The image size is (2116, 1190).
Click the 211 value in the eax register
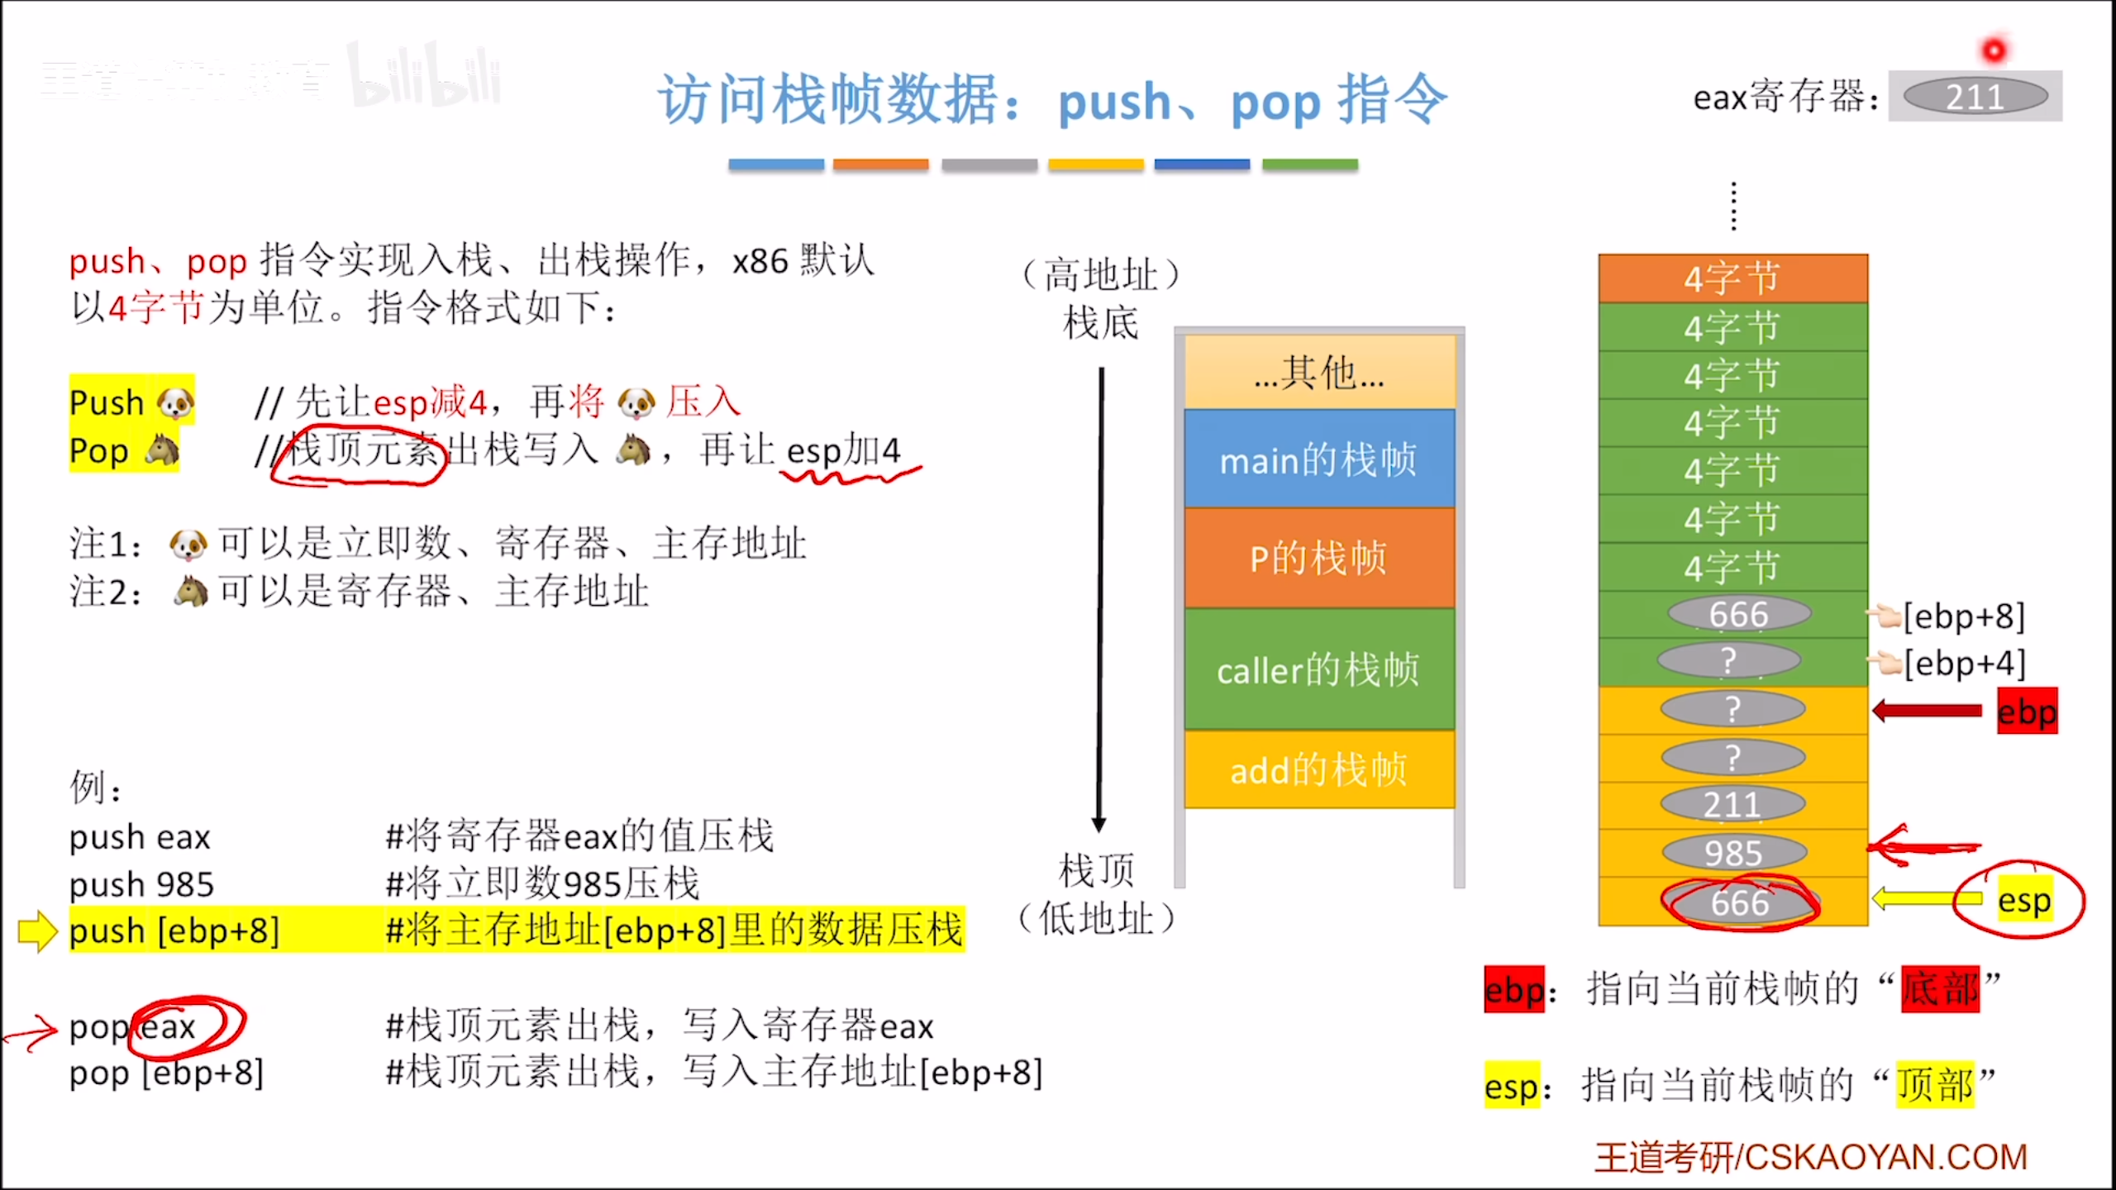click(1975, 97)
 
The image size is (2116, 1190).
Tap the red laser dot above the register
click(1994, 51)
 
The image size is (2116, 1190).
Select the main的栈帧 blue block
click(1318, 459)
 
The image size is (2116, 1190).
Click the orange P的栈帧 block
click(1318, 558)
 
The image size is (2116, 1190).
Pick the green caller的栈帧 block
click(1318, 669)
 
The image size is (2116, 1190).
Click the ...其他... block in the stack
click(1318, 373)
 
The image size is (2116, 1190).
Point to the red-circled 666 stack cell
click(1740, 902)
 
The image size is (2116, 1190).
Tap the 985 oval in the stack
click(1733, 853)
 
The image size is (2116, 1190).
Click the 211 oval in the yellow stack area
click(1732, 804)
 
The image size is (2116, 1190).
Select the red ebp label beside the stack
click(2027, 712)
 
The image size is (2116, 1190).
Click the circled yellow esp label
click(2024, 900)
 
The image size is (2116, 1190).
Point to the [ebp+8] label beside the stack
click(1964, 616)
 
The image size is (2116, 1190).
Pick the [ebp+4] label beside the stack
click(1964, 663)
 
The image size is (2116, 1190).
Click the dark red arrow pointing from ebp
click(1927, 711)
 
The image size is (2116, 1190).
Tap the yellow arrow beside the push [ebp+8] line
click(37, 931)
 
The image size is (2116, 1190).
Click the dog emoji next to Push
click(175, 402)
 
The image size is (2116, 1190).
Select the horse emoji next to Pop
click(162, 450)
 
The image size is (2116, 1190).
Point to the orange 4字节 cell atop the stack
click(1732, 278)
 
